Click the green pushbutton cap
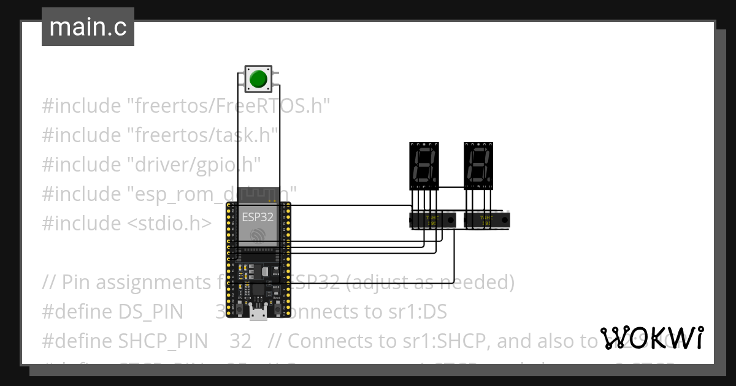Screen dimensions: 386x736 (x=258, y=78)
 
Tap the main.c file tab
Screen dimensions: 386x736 (x=88, y=27)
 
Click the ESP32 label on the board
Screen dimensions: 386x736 (x=258, y=216)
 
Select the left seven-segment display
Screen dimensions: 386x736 (x=424, y=165)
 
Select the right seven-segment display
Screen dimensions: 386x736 (x=479, y=165)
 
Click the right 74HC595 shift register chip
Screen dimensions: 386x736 (x=488, y=220)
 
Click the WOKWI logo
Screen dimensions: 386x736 (x=651, y=338)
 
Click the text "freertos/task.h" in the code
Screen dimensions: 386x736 (x=202, y=135)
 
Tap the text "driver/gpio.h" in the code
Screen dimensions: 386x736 (x=194, y=165)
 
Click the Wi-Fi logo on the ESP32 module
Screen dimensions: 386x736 (x=258, y=235)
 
